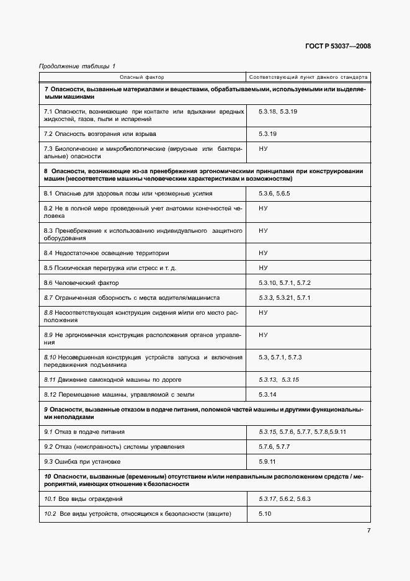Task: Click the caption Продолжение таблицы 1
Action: pos(77,66)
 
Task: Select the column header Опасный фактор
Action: pos(141,78)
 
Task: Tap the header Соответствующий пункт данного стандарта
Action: pos(308,78)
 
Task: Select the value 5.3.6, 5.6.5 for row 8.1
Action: pos(274,194)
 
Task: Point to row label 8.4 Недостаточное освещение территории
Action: pos(106,253)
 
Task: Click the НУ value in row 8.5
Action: pos(263,268)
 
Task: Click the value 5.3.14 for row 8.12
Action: pos(267,394)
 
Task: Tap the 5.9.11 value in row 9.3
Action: pos(267,461)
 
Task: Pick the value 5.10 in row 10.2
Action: pos(265,514)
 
